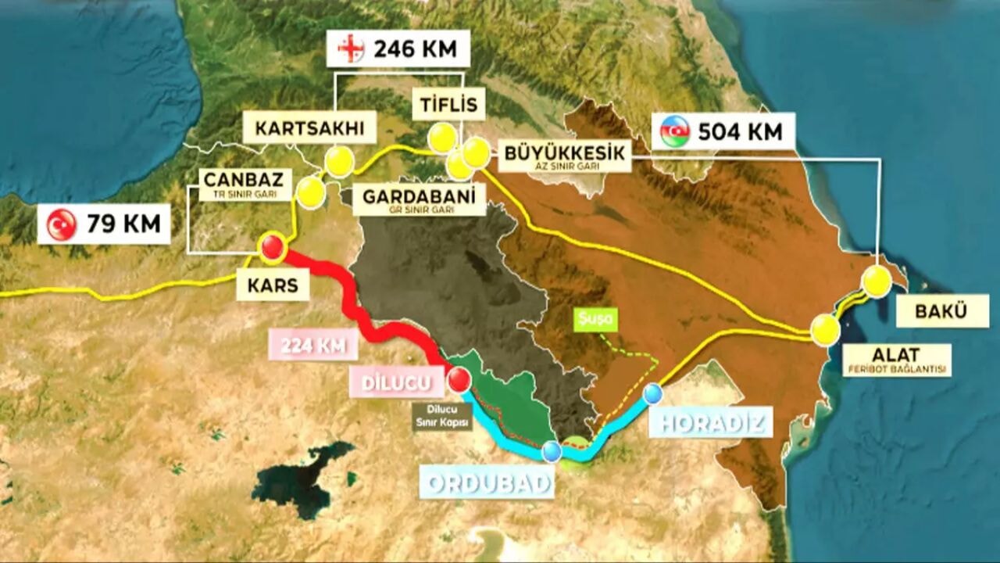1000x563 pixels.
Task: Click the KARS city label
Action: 273,286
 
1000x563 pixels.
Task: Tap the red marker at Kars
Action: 272,247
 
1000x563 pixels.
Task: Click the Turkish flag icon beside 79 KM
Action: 62,224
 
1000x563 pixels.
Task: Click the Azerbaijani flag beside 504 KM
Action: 675,131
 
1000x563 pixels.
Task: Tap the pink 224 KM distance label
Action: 313,345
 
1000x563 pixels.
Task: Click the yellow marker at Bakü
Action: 876,281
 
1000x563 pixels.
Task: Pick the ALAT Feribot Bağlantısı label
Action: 897,360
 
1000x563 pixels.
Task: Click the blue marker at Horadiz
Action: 653,393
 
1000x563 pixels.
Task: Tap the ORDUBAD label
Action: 487,482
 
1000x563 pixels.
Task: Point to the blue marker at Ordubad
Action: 552,451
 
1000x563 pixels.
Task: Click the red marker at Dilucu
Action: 459,380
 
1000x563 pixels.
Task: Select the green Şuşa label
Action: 597,319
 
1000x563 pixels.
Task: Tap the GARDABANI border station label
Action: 419,200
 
